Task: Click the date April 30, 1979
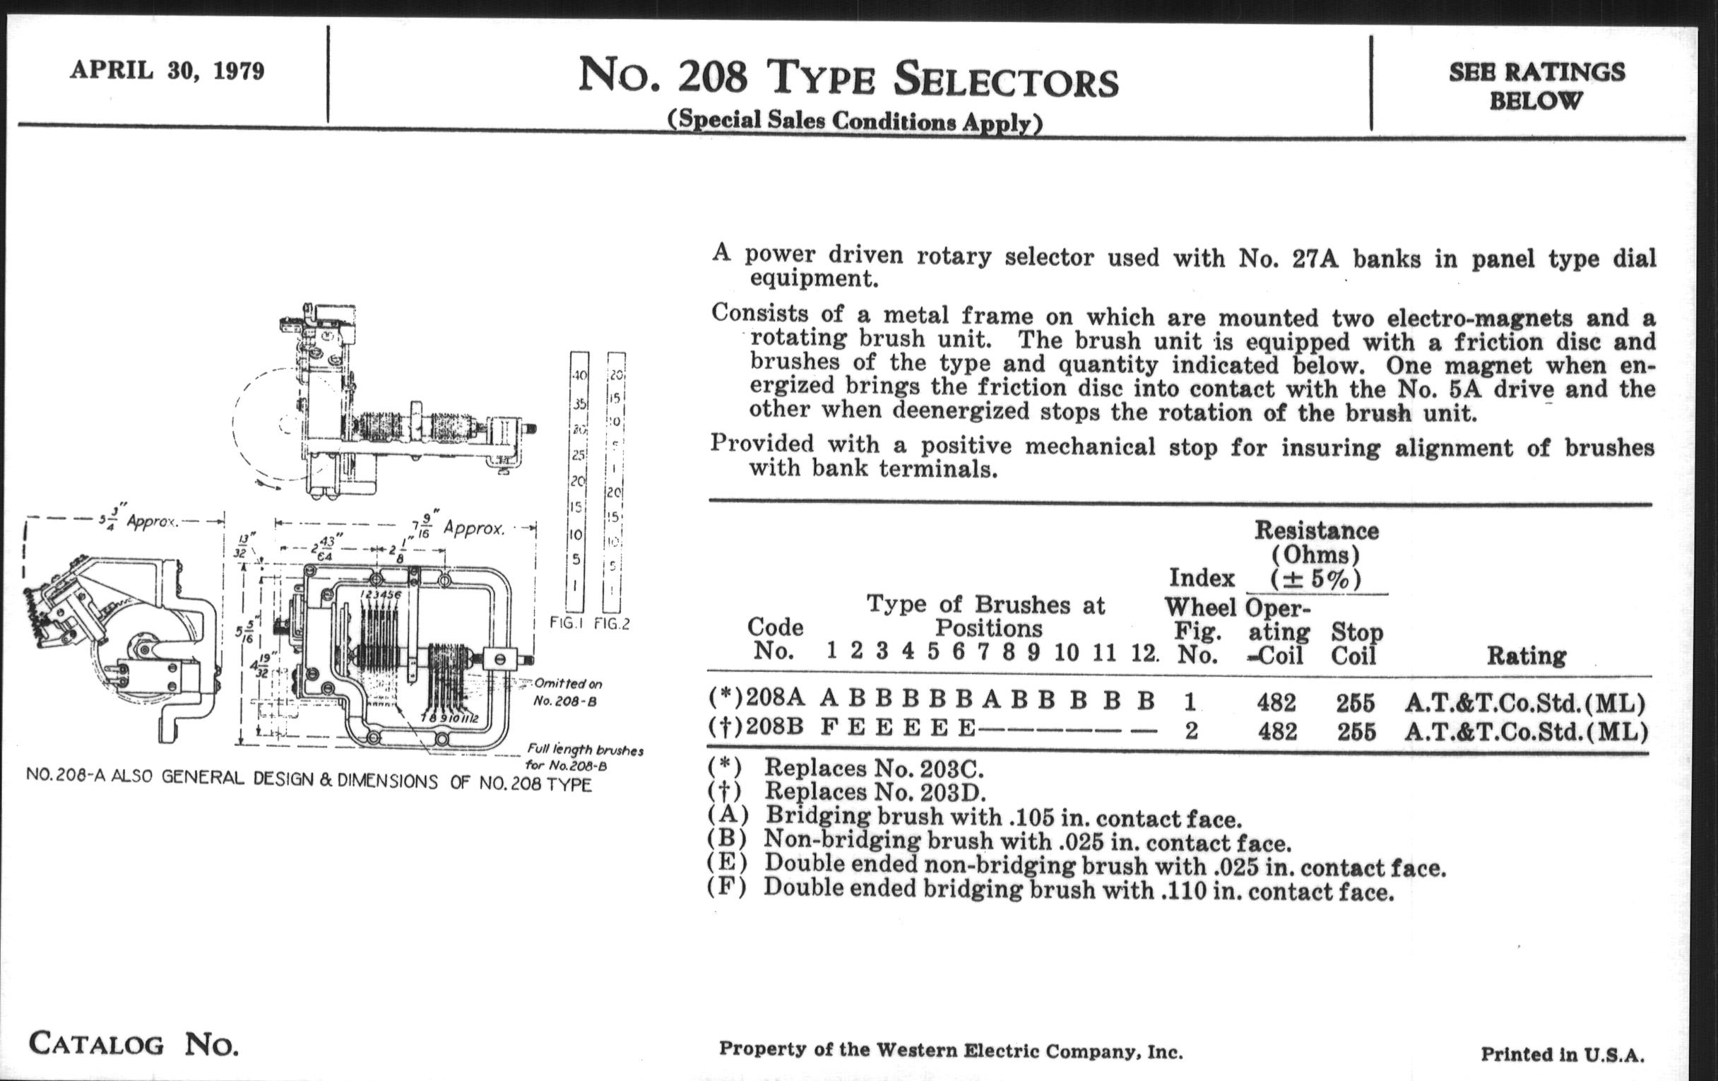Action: (x=167, y=71)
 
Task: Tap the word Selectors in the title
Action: (x=1006, y=80)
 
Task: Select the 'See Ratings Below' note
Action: (x=1536, y=85)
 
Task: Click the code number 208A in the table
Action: (x=776, y=701)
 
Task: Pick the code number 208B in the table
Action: (x=776, y=728)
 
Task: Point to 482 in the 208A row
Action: (x=1276, y=703)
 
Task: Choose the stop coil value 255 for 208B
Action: (x=1356, y=731)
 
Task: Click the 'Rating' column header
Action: (x=1526, y=656)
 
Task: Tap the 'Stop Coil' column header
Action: (x=1356, y=644)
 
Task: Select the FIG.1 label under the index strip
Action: (x=567, y=624)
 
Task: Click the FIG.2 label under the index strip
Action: (x=612, y=624)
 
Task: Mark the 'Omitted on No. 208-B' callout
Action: (x=568, y=692)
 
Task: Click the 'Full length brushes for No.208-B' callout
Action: (x=584, y=758)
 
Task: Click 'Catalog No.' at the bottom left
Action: (x=134, y=1044)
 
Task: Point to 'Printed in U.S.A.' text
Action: (x=1563, y=1054)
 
